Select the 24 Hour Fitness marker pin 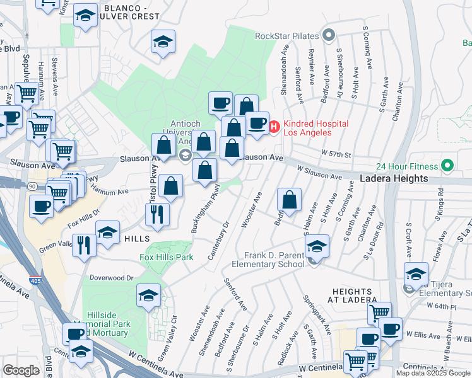point(448,166)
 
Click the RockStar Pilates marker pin point(328,35)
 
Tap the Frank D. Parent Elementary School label point(275,260)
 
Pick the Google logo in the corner point(21,370)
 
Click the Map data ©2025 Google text point(433,373)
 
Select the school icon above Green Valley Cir point(148,294)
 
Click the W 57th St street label point(334,153)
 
